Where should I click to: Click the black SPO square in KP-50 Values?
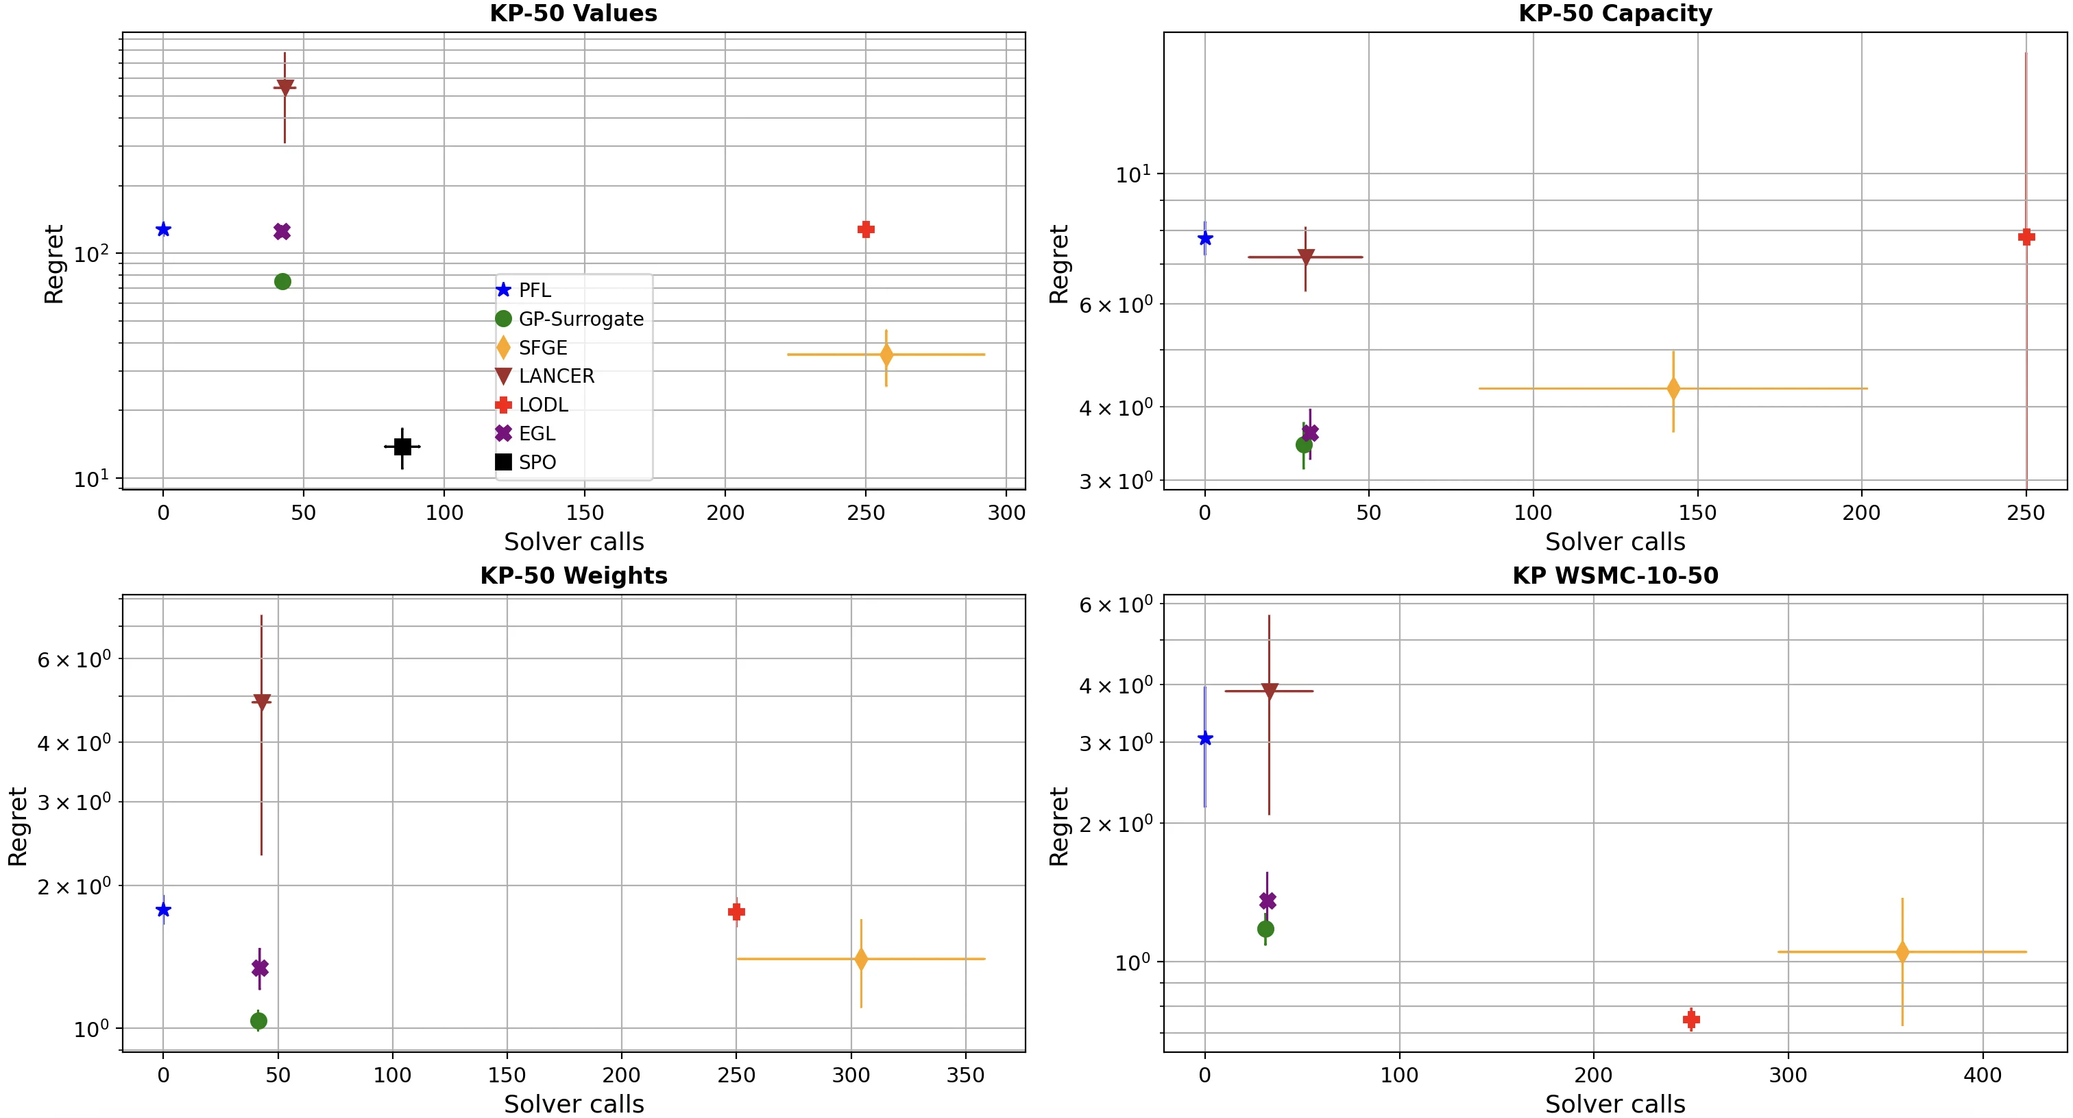[402, 447]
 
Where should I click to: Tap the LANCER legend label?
[556, 376]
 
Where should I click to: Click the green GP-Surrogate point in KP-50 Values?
[282, 282]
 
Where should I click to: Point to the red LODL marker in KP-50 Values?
[866, 229]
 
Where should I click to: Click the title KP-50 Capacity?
[1614, 14]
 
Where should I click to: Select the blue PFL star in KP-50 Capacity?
[1204, 238]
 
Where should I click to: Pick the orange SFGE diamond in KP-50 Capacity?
[1673, 389]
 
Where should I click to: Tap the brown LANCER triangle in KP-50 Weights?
[262, 702]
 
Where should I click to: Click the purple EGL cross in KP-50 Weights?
[260, 968]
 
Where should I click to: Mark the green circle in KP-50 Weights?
[258, 1021]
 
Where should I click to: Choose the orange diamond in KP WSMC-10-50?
[1902, 952]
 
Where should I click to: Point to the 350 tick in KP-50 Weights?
[965, 1075]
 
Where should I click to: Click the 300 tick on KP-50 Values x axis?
[1006, 513]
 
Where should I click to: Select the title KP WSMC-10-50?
[1614, 575]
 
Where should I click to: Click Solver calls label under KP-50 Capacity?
[1614, 542]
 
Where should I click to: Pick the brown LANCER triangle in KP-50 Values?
[285, 88]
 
